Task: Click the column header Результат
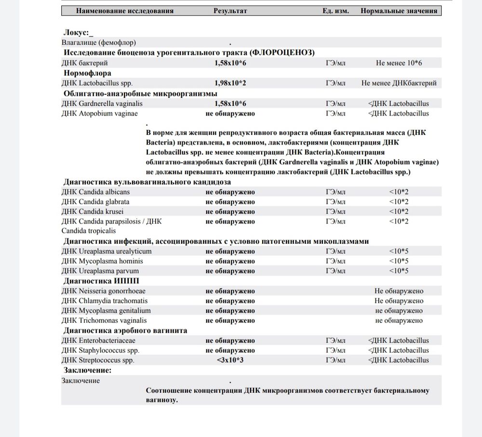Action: pos(230,11)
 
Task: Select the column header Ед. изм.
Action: pos(335,11)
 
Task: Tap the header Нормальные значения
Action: pos(399,11)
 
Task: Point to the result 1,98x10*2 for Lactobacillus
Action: pos(230,83)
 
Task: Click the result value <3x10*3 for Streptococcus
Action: pos(230,360)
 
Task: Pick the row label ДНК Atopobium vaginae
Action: pos(100,114)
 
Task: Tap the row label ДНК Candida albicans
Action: pos(95,192)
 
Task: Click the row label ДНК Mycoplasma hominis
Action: pos(102,261)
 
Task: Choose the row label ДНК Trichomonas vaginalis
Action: pos(104,320)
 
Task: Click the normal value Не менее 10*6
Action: pos(399,63)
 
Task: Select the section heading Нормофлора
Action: pos(87,73)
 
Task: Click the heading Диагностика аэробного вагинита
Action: pos(125,331)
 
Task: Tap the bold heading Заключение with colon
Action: pos(87,371)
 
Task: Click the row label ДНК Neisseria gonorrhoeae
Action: pos(104,291)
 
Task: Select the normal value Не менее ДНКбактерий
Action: pos(399,83)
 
